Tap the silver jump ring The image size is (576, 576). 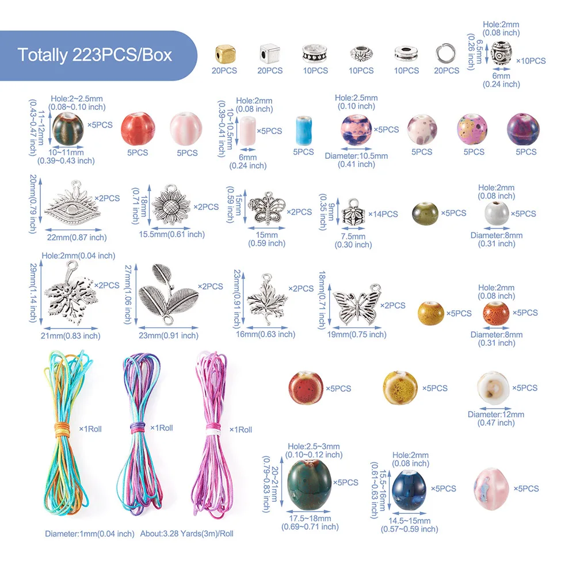447,54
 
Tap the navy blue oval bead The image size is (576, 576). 409,489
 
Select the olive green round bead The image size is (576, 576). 425,213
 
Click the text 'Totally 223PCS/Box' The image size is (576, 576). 95,55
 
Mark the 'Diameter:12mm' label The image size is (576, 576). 496,414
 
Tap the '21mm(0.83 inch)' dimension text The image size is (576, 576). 72,336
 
